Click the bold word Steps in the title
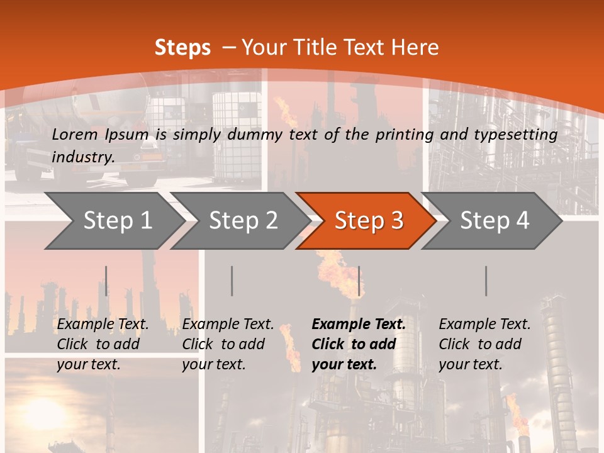coord(182,48)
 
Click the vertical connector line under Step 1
coord(106,281)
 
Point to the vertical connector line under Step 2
coord(232,281)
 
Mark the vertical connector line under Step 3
coord(359,281)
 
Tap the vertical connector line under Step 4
coord(486,281)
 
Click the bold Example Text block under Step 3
coord(359,344)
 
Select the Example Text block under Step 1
coord(103,344)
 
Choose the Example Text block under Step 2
coord(228,344)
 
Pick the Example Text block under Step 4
coord(484,344)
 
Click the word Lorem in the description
coord(75,134)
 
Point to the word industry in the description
coord(83,157)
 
